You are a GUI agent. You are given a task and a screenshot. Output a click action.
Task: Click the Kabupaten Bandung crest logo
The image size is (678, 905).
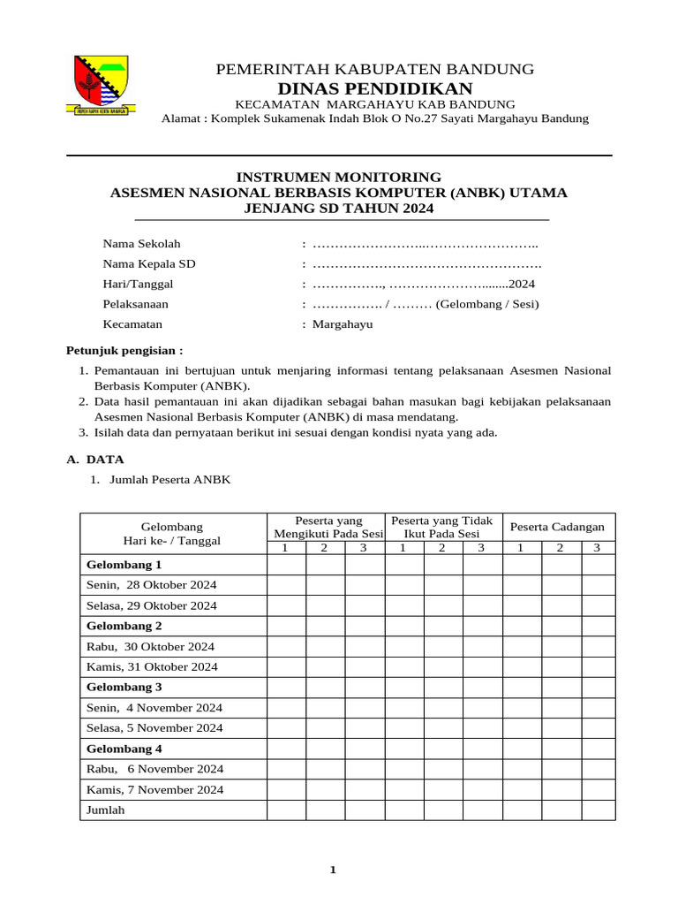click(99, 86)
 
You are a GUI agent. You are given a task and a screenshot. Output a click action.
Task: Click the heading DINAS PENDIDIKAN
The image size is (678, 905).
click(375, 88)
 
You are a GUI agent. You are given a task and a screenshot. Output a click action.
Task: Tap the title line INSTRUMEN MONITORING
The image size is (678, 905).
click(341, 177)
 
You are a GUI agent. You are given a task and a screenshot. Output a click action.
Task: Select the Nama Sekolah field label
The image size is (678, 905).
click(141, 244)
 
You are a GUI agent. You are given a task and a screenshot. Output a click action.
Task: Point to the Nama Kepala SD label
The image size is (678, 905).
click(149, 263)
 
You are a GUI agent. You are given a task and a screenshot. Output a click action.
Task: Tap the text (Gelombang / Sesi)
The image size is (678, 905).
click(487, 304)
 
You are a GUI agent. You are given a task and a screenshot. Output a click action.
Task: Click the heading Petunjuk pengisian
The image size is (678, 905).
click(125, 350)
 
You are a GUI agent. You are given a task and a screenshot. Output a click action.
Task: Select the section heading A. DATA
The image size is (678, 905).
click(96, 460)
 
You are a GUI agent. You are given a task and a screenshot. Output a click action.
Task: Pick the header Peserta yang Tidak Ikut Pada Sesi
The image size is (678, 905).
click(441, 527)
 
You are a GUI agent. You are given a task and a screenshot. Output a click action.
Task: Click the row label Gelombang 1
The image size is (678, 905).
click(124, 565)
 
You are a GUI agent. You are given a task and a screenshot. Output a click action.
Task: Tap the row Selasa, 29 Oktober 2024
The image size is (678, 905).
click(151, 606)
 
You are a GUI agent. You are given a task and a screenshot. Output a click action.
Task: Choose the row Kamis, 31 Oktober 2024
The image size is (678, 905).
click(151, 667)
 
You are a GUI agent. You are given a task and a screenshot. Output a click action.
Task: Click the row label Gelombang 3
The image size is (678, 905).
click(124, 687)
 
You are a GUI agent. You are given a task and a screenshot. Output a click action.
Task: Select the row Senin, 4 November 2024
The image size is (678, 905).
click(154, 708)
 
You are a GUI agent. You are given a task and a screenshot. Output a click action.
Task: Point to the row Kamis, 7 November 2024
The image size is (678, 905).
click(154, 790)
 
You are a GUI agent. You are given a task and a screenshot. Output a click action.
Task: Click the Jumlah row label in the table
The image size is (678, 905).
click(105, 810)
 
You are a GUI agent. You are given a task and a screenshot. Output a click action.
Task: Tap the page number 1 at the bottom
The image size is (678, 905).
click(333, 871)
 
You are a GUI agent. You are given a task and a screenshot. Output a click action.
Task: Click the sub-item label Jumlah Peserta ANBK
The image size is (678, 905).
click(169, 480)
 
